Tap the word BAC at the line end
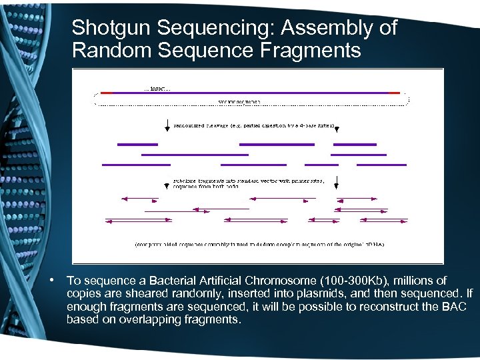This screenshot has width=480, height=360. click(453, 307)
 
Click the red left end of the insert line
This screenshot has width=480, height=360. click(107, 93)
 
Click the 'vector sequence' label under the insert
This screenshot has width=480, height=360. click(239, 102)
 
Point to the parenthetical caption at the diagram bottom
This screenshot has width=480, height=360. click(259, 244)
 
